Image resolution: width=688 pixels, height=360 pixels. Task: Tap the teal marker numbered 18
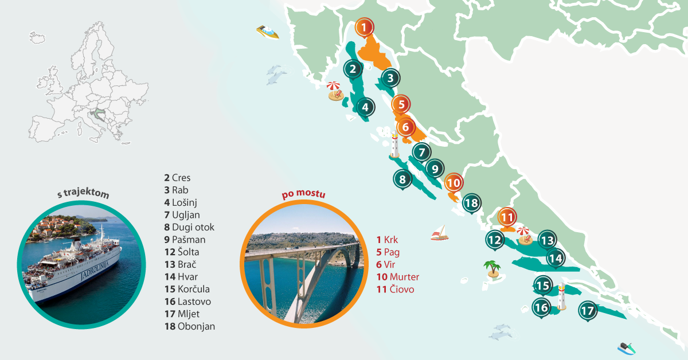coord(471,203)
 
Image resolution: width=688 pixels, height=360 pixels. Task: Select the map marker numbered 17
coord(587,311)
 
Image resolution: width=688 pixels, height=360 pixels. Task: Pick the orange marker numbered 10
coord(454,183)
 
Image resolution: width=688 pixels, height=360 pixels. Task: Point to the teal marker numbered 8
coord(402,179)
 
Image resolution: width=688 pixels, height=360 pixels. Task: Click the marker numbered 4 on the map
coord(365,106)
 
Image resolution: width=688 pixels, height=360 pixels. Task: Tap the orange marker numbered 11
coord(507,217)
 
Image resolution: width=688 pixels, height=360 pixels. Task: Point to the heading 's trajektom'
coord(83,195)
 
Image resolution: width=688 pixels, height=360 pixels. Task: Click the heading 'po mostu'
coord(303,194)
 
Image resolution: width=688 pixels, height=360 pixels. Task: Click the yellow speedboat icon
coord(268,32)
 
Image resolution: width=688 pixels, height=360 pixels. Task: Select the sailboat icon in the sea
coord(439,233)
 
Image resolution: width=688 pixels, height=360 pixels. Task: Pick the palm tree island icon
coord(491,268)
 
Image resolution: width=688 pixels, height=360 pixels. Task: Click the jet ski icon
coord(626,347)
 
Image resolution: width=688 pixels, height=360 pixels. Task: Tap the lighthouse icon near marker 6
coord(394,145)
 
